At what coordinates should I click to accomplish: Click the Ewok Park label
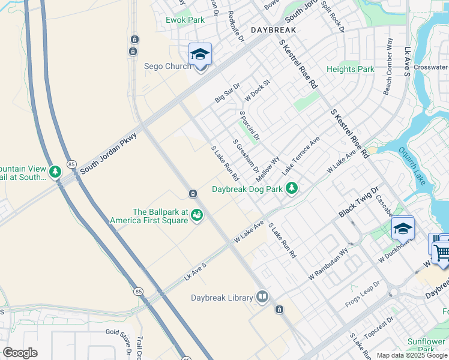185,20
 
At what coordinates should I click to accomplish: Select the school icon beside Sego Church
200,55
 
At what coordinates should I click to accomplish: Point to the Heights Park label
350,70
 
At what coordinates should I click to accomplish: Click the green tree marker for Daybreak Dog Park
292,189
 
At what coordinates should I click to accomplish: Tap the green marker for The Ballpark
196,217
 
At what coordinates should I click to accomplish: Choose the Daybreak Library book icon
262,297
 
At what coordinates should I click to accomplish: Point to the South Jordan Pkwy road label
109,154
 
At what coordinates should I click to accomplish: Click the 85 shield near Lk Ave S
139,292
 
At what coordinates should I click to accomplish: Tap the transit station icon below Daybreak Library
279,310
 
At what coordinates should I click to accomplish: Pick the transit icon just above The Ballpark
193,193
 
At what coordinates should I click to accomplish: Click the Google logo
20,353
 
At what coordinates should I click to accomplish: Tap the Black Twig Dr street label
359,203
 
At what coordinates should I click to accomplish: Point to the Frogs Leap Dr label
363,294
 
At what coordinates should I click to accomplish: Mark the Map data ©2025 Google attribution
412,355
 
